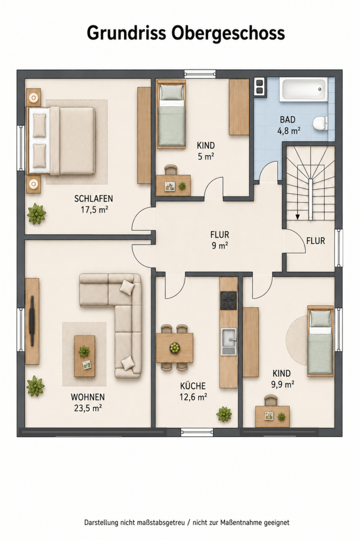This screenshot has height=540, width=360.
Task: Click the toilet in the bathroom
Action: pyautogui.click(x=321, y=123)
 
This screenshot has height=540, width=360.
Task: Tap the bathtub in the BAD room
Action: pyautogui.click(x=303, y=90)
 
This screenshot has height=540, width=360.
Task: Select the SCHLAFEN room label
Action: pyautogui.click(x=94, y=198)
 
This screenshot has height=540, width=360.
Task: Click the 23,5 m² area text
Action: pyautogui.click(x=88, y=408)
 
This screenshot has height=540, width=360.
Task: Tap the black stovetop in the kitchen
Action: pyautogui.click(x=228, y=300)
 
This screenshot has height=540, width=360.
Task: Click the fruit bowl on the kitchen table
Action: pyautogui.click(x=175, y=348)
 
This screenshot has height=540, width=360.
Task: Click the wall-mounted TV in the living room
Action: pyautogui.click(x=32, y=320)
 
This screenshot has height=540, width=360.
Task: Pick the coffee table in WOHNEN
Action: pyautogui.click(x=84, y=356)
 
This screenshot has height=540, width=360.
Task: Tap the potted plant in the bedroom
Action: pyautogui.click(x=36, y=214)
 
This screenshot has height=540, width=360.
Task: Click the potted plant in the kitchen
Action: pyautogui.click(x=224, y=414)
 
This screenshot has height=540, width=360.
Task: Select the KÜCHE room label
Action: pyautogui.click(x=193, y=386)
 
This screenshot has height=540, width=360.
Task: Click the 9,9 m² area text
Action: pyautogui.click(x=283, y=384)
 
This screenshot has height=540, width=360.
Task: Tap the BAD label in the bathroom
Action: pyautogui.click(x=288, y=120)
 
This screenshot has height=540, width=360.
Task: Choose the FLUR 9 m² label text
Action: pyautogui.click(x=220, y=240)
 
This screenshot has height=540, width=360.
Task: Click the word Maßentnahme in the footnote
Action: pyautogui.click(x=240, y=523)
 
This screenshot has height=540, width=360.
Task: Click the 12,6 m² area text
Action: pyautogui.click(x=193, y=397)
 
